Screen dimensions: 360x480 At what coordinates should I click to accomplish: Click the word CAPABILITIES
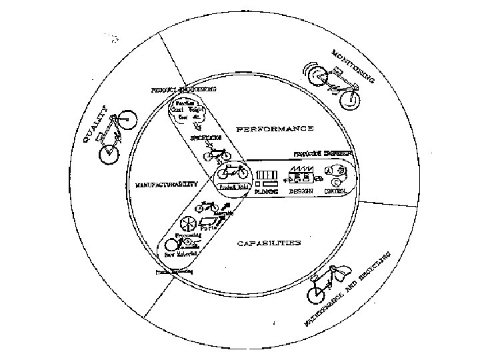pyautogui.click(x=269, y=243)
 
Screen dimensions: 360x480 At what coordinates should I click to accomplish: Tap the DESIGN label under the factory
pyautogui.click(x=301, y=190)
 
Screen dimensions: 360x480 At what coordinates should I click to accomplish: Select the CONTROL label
pyautogui.click(x=335, y=190)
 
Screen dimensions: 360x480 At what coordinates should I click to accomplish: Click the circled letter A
pyautogui.click(x=327, y=170)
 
